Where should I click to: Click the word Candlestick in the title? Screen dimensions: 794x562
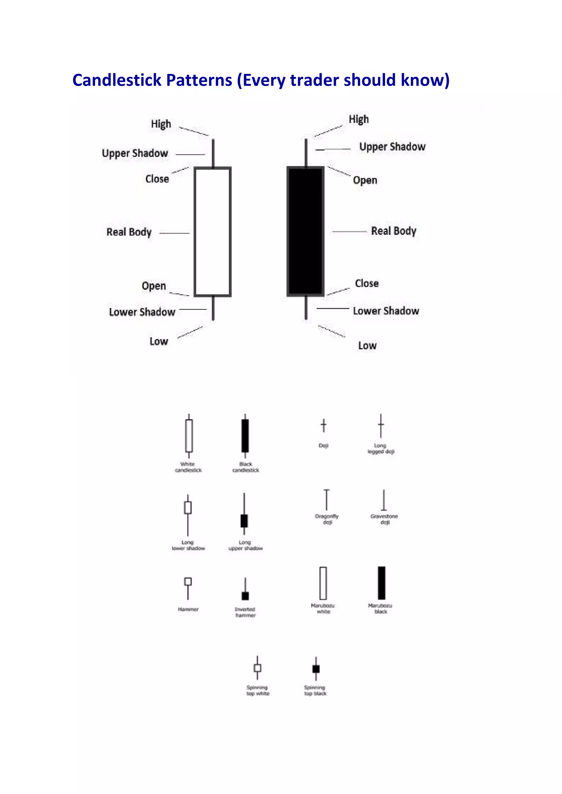[x=117, y=80]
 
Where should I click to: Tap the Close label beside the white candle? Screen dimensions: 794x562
[x=157, y=179]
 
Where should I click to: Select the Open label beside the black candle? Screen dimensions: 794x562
[x=365, y=180]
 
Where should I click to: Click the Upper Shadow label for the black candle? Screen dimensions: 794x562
[x=392, y=147]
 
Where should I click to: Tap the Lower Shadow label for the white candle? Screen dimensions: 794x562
[x=142, y=312]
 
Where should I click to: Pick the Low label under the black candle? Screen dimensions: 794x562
[x=367, y=345]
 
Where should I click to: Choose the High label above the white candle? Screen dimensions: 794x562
[x=161, y=124]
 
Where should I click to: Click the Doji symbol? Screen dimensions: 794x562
[x=324, y=426]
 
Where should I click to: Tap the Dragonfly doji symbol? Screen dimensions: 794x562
[x=326, y=500]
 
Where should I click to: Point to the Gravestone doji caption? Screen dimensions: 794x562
[x=384, y=519]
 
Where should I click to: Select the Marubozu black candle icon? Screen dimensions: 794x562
[x=381, y=583]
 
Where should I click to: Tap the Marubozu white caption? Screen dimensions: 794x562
[x=323, y=608]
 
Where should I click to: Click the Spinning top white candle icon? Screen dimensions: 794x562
[x=257, y=667]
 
